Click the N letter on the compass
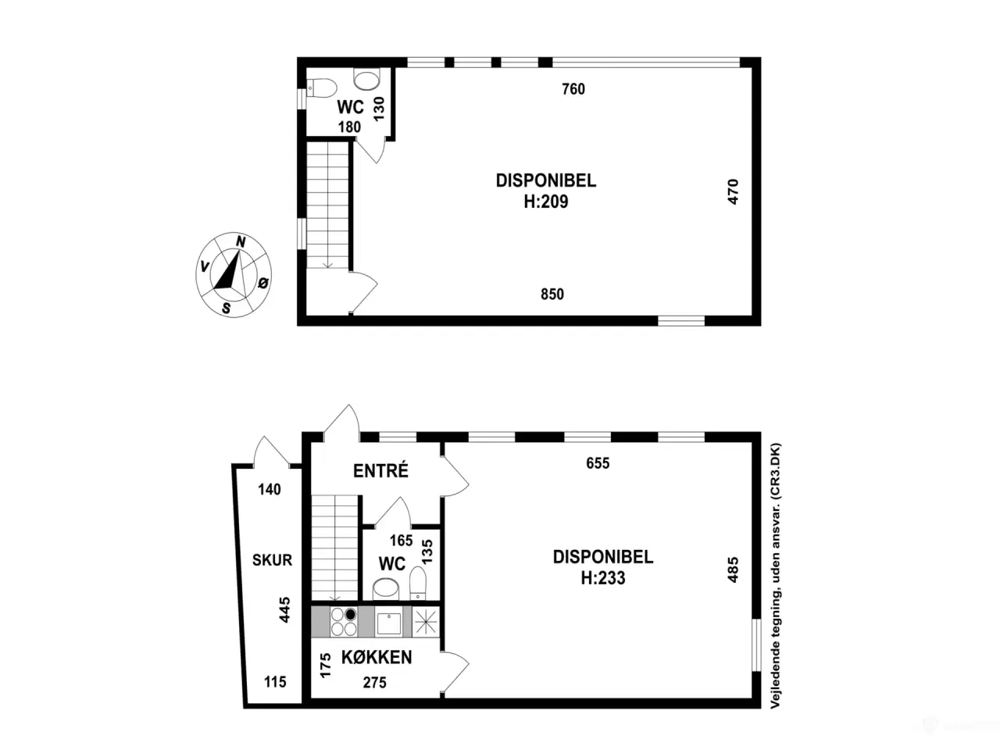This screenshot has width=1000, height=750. (x=241, y=242)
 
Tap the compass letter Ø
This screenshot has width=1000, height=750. (x=263, y=283)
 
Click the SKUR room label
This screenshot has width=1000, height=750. (x=272, y=559)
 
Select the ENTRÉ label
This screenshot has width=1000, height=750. (x=381, y=471)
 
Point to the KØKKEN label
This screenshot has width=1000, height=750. (x=377, y=657)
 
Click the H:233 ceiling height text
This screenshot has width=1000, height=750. (x=602, y=578)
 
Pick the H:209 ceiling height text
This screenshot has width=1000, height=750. (x=546, y=202)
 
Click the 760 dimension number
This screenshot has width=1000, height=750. (x=573, y=89)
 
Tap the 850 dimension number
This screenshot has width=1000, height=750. (x=552, y=295)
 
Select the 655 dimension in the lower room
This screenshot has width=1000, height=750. (x=598, y=463)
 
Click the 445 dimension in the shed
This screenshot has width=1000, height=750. (x=284, y=610)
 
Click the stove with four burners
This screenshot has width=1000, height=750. (x=344, y=622)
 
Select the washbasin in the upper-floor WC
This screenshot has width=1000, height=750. (x=366, y=80)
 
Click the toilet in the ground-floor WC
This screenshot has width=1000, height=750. (x=417, y=584)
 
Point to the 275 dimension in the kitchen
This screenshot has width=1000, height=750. (x=374, y=682)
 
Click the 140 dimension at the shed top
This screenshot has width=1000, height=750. (x=270, y=489)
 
